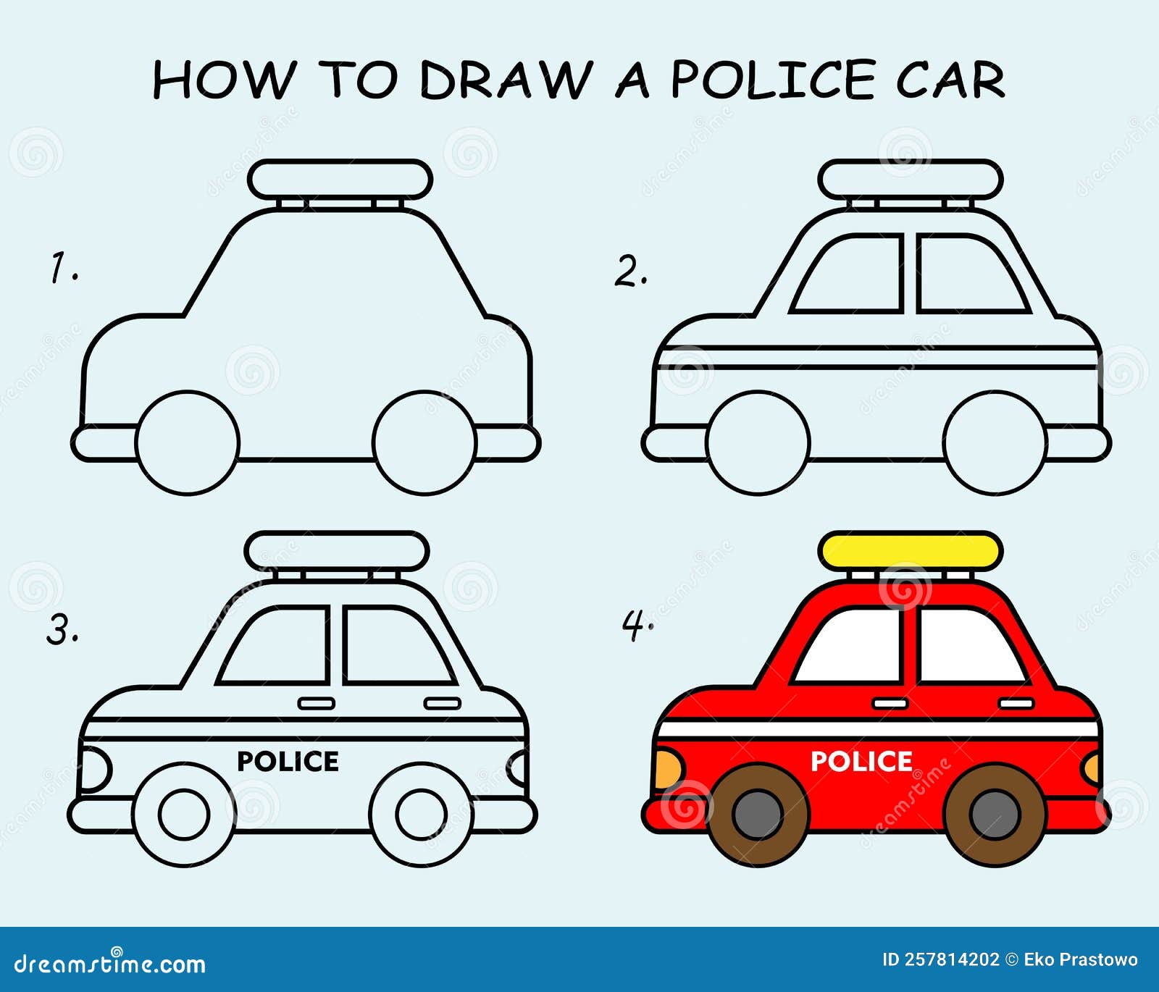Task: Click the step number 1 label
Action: (x=63, y=267)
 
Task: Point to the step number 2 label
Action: (x=631, y=272)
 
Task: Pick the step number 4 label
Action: (x=637, y=624)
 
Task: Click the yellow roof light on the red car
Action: (x=911, y=551)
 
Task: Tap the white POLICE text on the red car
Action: (x=861, y=761)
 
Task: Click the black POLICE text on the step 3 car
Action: (x=288, y=761)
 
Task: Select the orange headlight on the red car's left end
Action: (x=668, y=769)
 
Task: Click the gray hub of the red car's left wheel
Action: (x=758, y=814)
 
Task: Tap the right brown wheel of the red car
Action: (x=995, y=814)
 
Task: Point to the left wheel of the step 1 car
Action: (x=188, y=442)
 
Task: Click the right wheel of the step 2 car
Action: (x=995, y=442)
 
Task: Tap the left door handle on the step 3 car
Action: (x=317, y=703)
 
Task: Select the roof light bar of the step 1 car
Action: (x=340, y=180)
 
